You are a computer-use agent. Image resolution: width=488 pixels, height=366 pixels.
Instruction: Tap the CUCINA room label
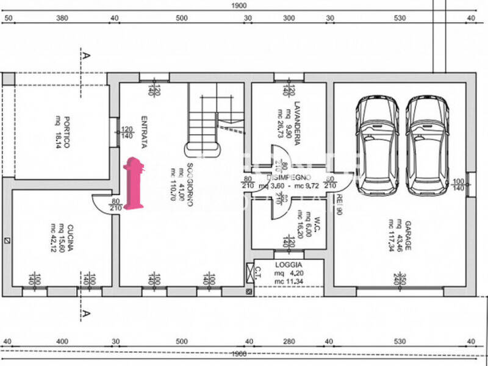70,239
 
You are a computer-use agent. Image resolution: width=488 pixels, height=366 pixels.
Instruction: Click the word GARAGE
407,236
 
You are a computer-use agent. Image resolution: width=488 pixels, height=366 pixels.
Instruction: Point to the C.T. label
258,269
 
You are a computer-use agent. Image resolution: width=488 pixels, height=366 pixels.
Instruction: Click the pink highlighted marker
133,183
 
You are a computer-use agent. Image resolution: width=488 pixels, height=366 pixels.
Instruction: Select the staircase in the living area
207,119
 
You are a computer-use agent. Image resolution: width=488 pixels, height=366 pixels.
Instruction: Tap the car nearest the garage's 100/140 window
427,145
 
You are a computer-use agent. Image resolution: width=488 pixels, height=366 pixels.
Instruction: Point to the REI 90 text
339,205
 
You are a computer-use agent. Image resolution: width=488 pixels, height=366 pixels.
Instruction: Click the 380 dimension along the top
62,18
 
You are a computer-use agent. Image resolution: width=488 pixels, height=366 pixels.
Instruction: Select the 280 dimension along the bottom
289,342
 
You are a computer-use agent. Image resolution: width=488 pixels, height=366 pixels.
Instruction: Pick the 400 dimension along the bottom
62,342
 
